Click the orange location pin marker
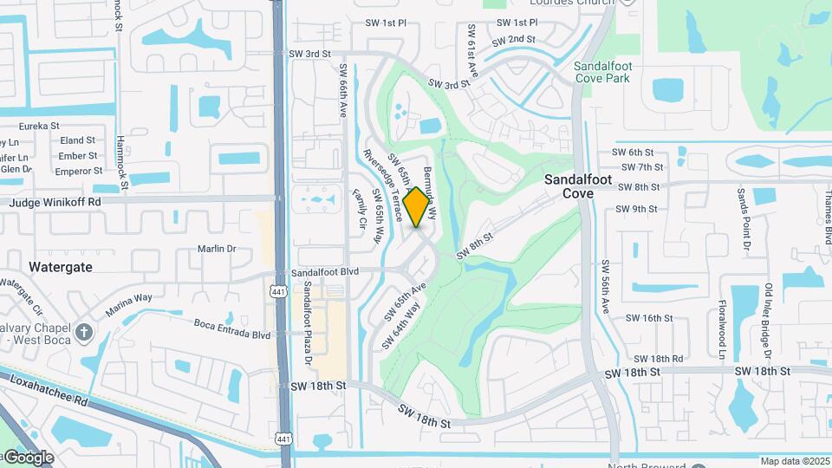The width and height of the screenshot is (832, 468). pos(417,206)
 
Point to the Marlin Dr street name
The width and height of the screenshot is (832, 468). pos(217,249)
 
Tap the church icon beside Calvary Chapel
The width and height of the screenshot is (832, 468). pos(83,332)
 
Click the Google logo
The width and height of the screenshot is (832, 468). pos(29,457)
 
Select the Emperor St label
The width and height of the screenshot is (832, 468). pos(79,171)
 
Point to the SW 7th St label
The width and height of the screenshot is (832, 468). pos(642,167)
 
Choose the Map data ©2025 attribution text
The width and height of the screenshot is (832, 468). pos(795,461)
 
